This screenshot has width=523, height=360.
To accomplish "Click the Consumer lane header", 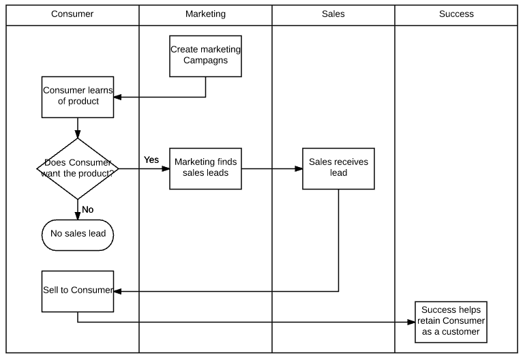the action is click(72, 14).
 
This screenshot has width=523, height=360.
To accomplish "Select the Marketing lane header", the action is click(205, 14).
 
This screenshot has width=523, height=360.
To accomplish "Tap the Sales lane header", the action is click(333, 14).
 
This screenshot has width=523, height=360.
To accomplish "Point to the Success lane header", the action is click(456, 14).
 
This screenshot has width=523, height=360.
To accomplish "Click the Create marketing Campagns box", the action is click(205, 56).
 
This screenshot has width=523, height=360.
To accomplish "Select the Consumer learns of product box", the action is click(78, 97).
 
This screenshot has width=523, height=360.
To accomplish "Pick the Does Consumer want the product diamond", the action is click(78, 169).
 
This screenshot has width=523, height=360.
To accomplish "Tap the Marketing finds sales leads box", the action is click(205, 169).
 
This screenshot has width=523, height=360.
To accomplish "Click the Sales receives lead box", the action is click(338, 169).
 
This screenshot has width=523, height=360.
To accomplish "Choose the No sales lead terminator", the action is click(78, 235).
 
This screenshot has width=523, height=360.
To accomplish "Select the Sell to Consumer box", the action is click(78, 291).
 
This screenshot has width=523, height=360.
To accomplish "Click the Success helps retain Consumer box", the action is click(451, 322).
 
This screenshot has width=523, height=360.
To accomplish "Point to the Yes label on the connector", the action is click(151, 160).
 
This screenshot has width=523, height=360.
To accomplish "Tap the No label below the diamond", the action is click(88, 209).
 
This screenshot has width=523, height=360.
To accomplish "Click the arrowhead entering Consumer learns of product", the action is click(117, 97).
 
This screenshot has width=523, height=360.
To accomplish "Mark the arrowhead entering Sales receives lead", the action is click(299, 169).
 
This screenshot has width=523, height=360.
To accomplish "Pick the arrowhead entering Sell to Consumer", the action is click(117, 291).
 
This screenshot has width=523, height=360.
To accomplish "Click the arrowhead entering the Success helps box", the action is click(411, 322).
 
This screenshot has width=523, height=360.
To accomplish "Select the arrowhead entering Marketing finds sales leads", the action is click(166, 169).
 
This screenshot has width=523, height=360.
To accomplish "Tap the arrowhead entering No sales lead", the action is click(78, 216).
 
